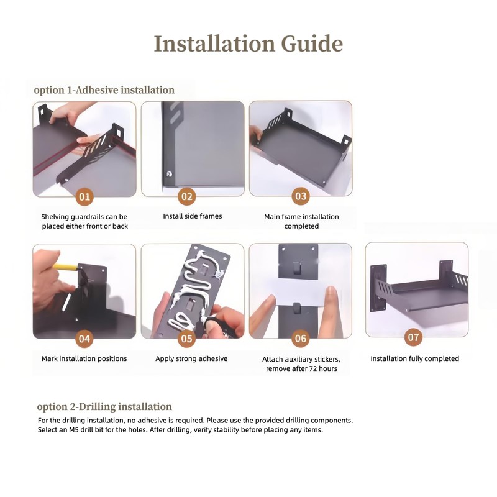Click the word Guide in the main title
coord(312,43)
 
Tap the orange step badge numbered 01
coord(84,197)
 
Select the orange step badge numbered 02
coord(187,196)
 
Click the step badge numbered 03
coord(301,196)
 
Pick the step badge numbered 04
coord(84,339)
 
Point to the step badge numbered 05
coord(187,339)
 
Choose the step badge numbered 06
coord(301,339)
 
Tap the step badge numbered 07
coord(413,337)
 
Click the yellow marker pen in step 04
coord(65,267)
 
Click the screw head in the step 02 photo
coord(169,174)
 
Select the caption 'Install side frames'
coord(193,216)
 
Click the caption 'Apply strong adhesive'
coord(191,358)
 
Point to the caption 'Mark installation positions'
coord(84,358)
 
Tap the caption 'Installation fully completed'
coord(414,358)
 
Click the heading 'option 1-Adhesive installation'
coord(104,90)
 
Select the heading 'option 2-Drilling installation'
coord(104,407)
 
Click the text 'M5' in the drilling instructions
coord(74,430)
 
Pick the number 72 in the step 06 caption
coord(313,368)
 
